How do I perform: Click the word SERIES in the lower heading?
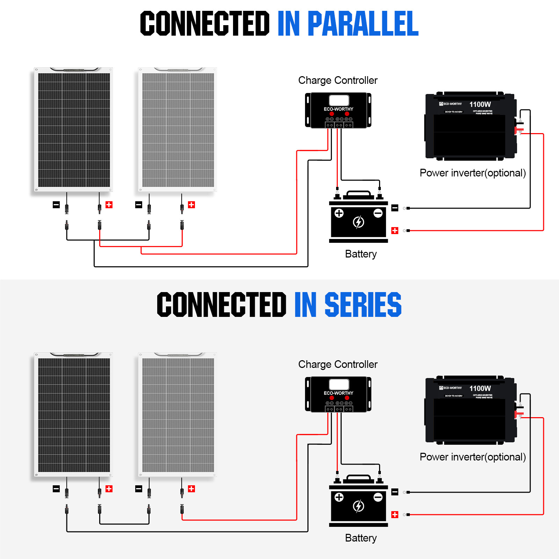click(363, 305)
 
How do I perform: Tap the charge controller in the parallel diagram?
click(338, 110)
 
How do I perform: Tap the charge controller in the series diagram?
click(338, 394)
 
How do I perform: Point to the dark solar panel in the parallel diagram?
click(74, 130)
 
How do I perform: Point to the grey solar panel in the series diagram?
click(178, 415)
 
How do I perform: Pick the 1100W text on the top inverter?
click(480, 104)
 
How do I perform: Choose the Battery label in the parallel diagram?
click(361, 254)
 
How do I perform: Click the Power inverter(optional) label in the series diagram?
click(473, 457)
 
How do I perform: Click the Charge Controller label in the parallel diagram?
click(338, 80)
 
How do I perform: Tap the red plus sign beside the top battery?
click(395, 231)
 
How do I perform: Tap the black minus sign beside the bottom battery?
click(395, 492)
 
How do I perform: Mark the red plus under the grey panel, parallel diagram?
click(191, 205)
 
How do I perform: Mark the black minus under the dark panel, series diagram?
click(56, 489)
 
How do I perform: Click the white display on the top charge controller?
click(339, 100)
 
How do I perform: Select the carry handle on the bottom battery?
click(359, 477)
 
